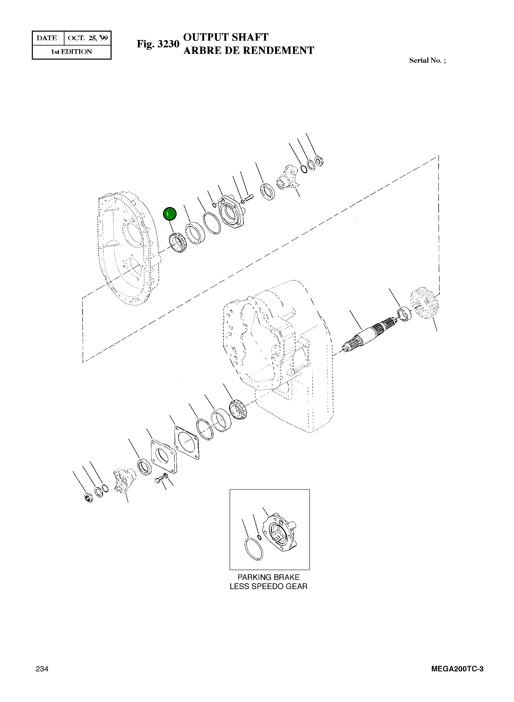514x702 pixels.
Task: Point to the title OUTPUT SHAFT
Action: (226, 37)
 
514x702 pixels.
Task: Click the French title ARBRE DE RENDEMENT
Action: (249, 50)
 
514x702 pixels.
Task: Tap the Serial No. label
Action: (427, 61)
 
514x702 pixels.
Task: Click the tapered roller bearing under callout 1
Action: (177, 243)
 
